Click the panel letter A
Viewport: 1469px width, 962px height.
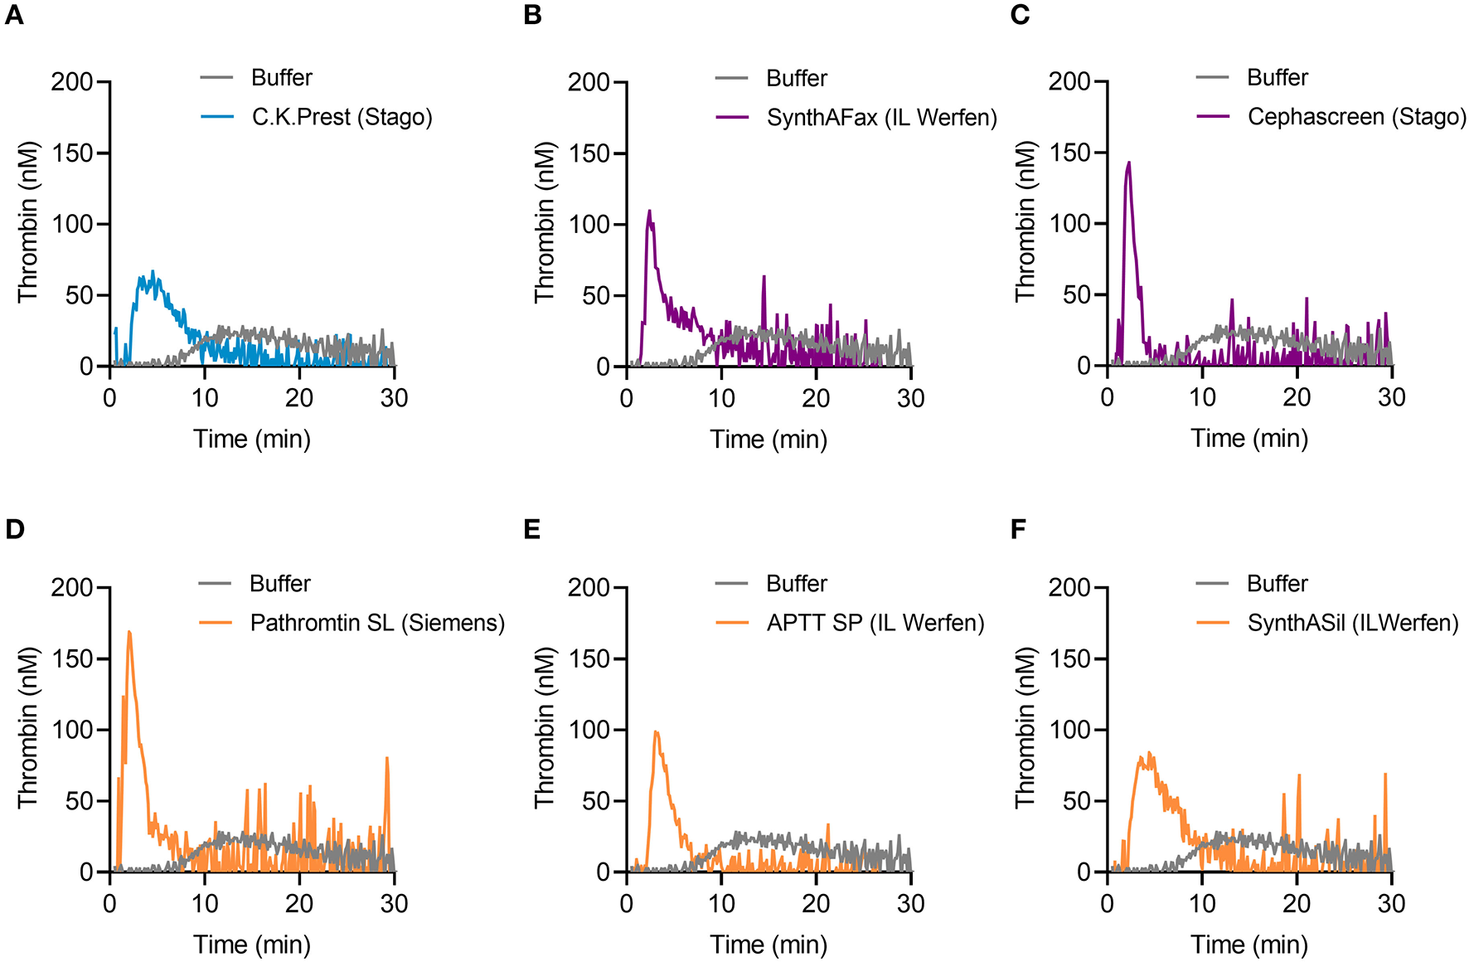[x=14, y=15]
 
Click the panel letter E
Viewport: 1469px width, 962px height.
[x=531, y=529]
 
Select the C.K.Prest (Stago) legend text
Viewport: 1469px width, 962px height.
[x=342, y=117]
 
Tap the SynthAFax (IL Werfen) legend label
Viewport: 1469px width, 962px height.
[x=881, y=118]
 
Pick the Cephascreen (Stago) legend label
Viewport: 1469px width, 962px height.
[x=1356, y=117]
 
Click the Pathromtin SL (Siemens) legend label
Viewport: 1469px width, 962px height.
[x=377, y=623]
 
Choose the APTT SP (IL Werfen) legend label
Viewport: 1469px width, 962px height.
[x=875, y=623]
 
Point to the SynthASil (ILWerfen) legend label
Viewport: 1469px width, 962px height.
[x=1352, y=623]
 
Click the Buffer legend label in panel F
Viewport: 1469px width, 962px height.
[x=1277, y=584]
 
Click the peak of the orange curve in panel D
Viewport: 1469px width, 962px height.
[x=128, y=633]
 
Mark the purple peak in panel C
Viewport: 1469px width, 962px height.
[x=1128, y=163]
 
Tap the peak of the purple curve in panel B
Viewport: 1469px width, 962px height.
[x=649, y=211]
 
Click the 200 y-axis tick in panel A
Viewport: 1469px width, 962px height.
[x=72, y=82]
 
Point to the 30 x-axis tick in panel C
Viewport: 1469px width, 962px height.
[x=1391, y=398]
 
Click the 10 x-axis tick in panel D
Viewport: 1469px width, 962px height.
[x=205, y=904]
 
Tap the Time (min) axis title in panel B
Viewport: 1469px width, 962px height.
[x=768, y=440]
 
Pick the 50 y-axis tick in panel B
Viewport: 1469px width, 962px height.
[x=596, y=296]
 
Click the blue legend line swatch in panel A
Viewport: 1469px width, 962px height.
[x=217, y=117]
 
